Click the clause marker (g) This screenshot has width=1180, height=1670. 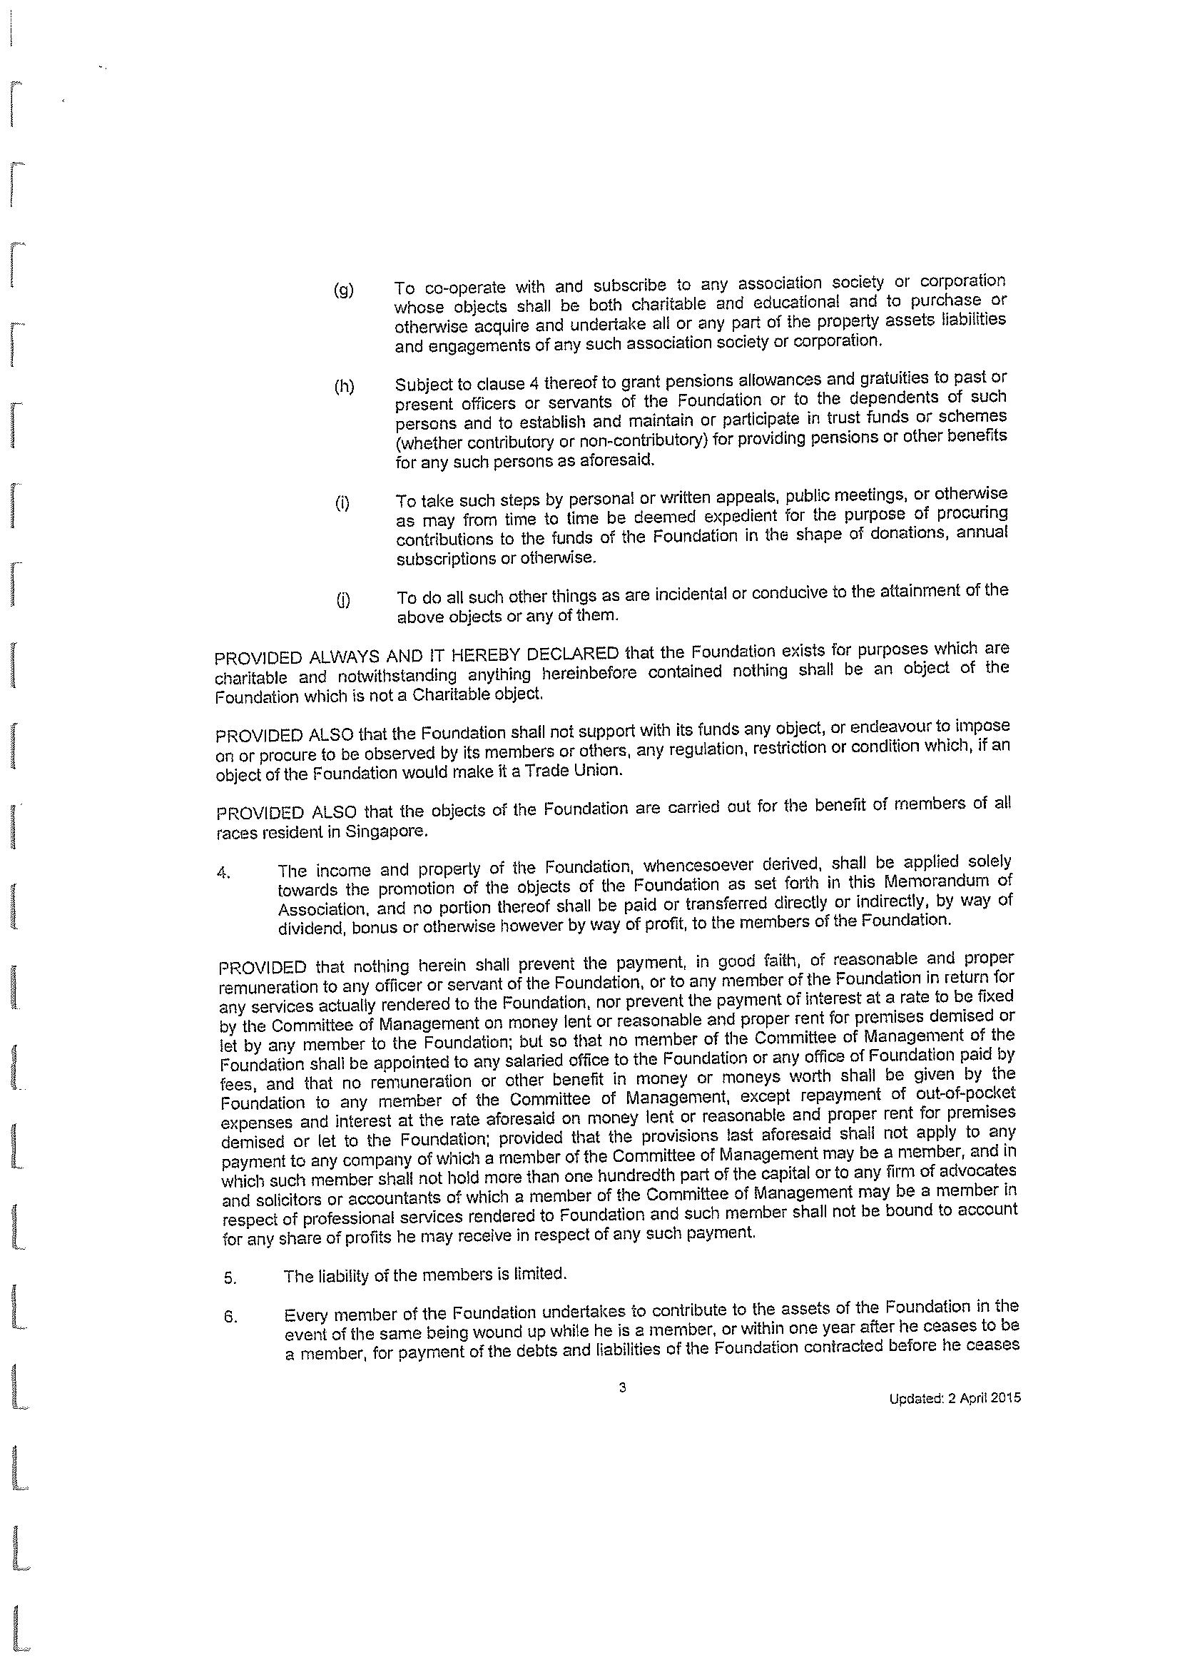tap(343, 291)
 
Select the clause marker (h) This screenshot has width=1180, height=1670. tap(344, 387)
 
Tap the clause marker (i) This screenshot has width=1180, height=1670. tap(342, 503)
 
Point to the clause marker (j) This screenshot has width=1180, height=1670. tap(342, 600)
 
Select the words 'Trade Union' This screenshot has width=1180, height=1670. tap(581, 770)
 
